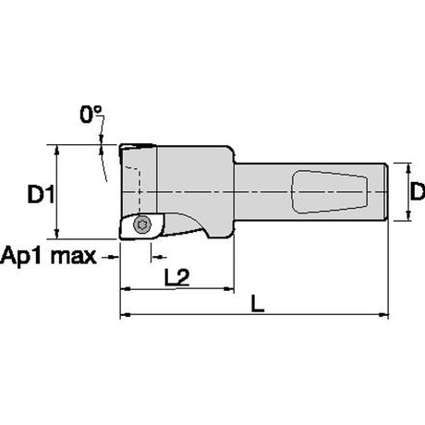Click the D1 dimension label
(41, 194)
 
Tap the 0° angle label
(91, 115)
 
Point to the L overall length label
(258, 303)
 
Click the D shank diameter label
(418, 191)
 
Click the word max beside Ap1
(74, 256)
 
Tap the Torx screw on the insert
(142, 225)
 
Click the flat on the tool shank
(329, 191)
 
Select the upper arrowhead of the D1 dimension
(56, 151)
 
